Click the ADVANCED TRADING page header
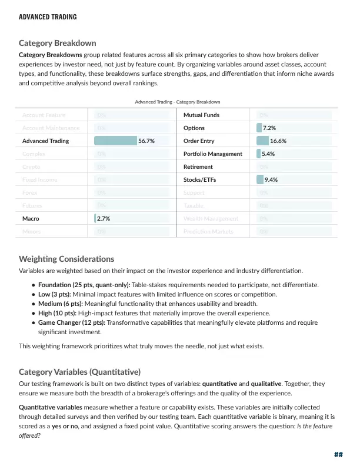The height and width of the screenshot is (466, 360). (x=48, y=17)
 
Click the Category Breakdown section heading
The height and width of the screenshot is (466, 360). (x=58, y=43)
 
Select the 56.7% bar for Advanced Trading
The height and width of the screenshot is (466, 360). (x=115, y=141)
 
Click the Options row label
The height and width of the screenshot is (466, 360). (x=194, y=128)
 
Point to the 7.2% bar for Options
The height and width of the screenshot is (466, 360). (x=259, y=128)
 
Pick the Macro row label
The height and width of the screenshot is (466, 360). (x=31, y=219)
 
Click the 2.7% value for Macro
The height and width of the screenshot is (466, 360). (x=104, y=219)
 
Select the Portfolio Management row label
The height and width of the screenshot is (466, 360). (x=212, y=154)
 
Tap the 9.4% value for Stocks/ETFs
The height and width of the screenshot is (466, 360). (x=271, y=180)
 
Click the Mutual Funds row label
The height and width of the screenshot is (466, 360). (x=201, y=115)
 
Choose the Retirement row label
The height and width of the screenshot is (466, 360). (x=198, y=167)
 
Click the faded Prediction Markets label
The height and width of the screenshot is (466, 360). (x=208, y=232)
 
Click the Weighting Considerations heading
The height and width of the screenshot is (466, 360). (x=66, y=259)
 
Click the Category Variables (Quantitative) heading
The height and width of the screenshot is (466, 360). (x=79, y=372)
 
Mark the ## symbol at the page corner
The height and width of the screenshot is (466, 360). (x=338, y=455)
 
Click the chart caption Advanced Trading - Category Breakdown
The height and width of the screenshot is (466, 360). (x=178, y=102)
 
